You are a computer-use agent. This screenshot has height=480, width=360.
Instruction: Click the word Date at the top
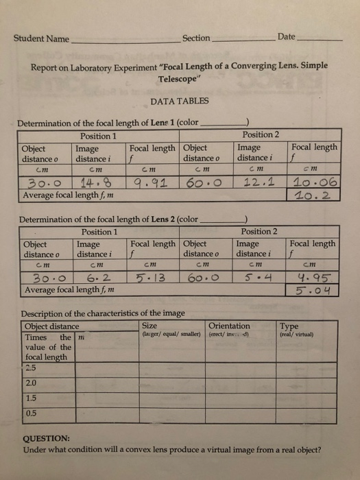pos(287,36)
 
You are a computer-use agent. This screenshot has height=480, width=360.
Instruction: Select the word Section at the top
pos(197,38)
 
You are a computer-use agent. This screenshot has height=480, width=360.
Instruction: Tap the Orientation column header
pos(229,326)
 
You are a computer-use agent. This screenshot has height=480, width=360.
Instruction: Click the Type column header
pos(290,326)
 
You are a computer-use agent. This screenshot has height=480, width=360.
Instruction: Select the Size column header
pos(149,326)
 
